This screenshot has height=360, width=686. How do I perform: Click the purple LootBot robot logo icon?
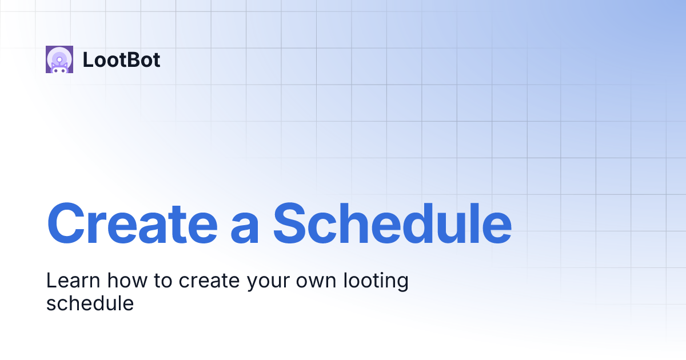point(59,59)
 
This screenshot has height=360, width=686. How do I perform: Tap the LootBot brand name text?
point(121,60)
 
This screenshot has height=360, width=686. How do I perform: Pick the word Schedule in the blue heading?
point(392,222)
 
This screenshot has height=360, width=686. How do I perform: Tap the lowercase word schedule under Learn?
point(90,303)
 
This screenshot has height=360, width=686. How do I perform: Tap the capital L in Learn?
point(50,281)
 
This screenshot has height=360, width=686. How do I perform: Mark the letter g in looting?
point(402,284)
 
